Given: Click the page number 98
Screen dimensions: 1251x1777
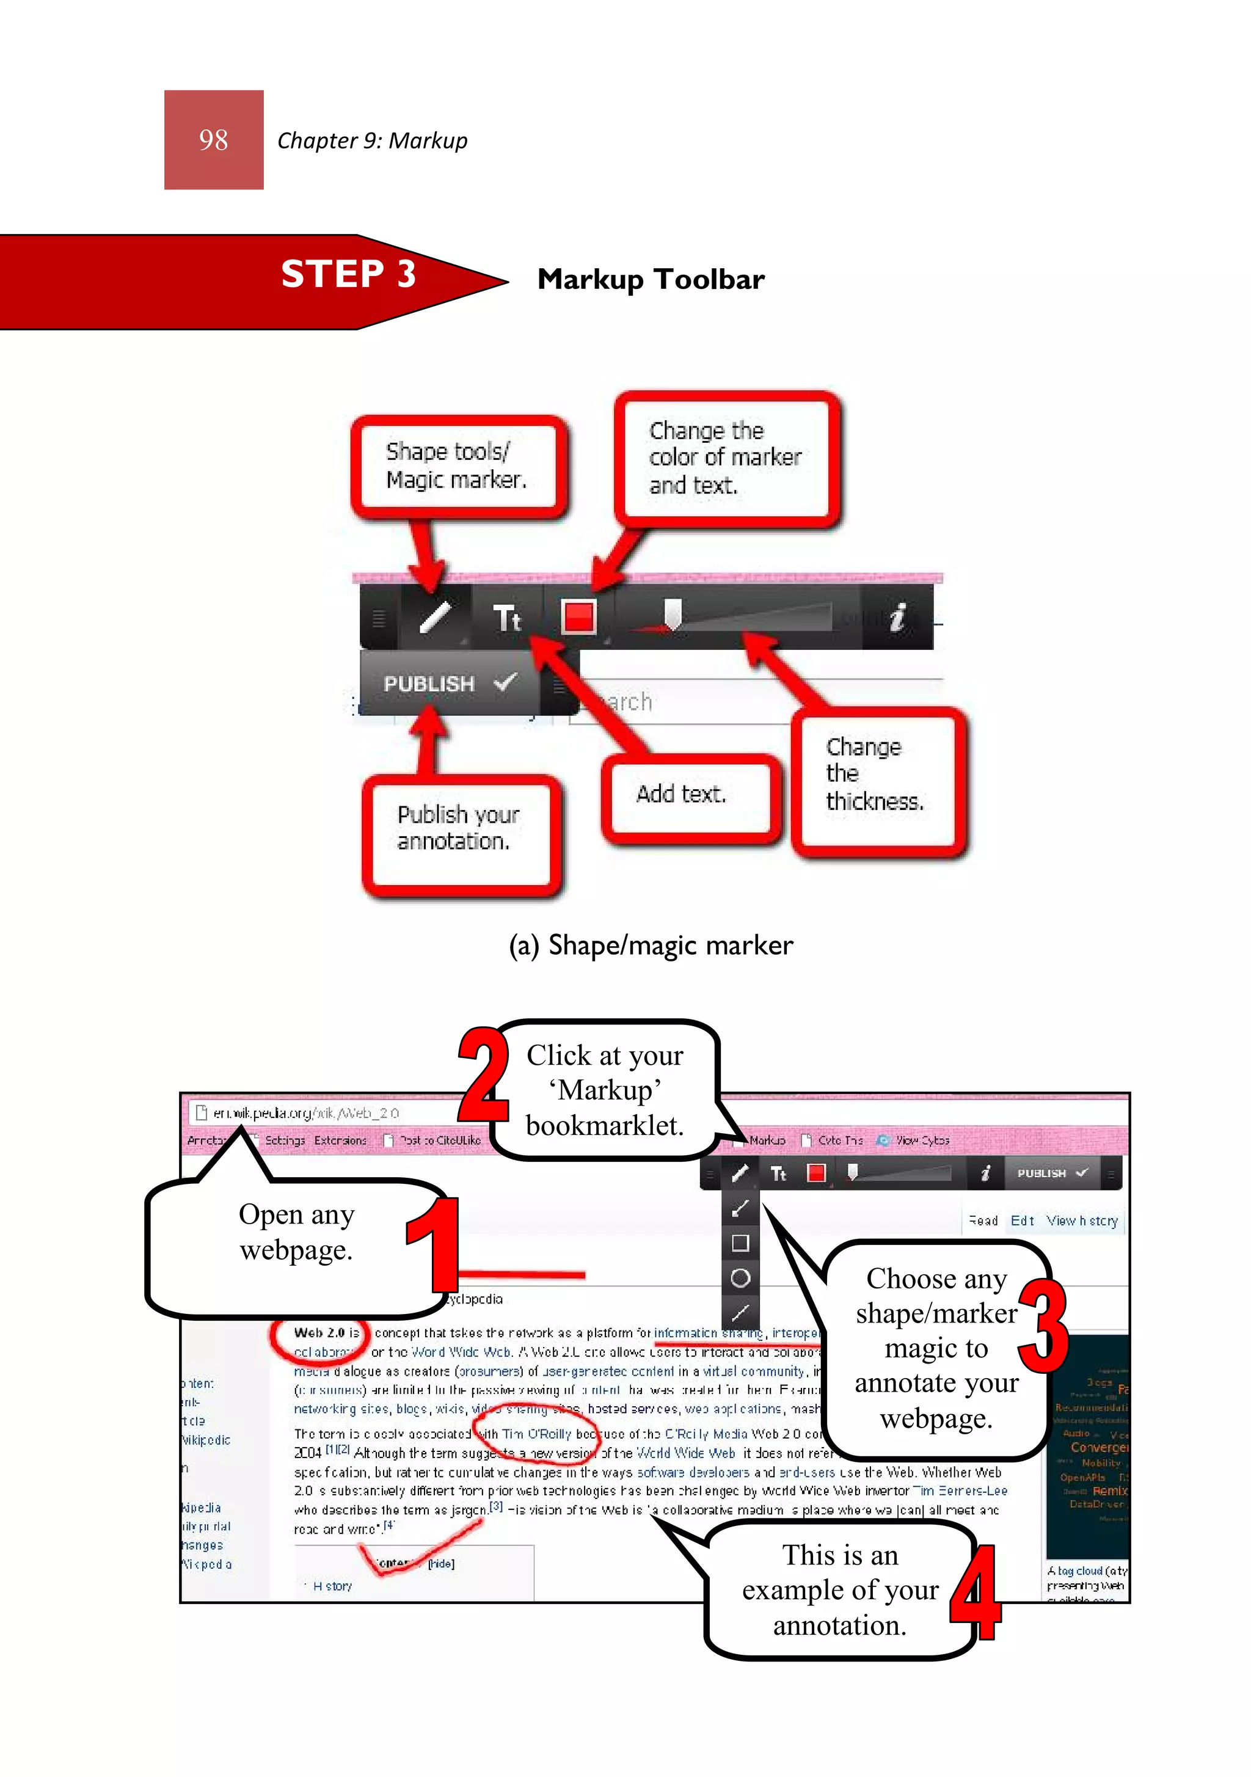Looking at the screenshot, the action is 214,140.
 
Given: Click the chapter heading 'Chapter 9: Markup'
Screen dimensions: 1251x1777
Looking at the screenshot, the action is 373,141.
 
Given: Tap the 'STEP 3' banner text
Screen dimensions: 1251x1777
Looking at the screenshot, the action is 348,274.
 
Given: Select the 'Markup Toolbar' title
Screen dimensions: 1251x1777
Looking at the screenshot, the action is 651,279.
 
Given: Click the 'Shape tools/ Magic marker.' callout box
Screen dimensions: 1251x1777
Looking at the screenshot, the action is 458,466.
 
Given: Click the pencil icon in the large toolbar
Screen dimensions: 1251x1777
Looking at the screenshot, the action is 435,618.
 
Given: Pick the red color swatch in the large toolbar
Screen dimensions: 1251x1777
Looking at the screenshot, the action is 579,618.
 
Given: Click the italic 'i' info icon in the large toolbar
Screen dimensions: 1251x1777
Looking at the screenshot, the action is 897,618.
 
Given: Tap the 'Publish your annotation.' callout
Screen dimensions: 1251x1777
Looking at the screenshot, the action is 460,829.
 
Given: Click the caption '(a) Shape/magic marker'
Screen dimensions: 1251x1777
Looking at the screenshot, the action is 651,946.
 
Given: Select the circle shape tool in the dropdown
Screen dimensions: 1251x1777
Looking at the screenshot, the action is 740,1278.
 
